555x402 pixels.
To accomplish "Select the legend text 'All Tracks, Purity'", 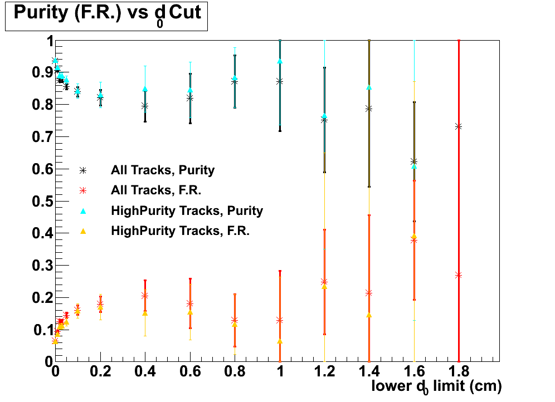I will click(x=163, y=170).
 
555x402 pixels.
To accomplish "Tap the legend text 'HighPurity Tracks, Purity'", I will click(x=187, y=210).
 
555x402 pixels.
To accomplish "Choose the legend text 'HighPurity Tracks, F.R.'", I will click(x=180, y=231).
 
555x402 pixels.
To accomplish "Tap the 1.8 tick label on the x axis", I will click(x=458, y=371).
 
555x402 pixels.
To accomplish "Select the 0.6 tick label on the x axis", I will click(x=189, y=371).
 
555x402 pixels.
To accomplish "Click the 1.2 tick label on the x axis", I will click(x=324, y=371).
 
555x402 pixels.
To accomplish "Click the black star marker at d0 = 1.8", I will click(x=459, y=126).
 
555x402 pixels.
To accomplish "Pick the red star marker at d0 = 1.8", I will click(x=459, y=275).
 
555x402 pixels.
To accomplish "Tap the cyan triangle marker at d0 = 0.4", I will click(x=145, y=89).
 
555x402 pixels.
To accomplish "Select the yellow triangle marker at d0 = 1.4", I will click(x=369, y=315).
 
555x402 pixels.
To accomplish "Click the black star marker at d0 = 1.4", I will click(x=369, y=109).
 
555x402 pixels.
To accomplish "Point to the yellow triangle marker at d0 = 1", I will click(x=280, y=341).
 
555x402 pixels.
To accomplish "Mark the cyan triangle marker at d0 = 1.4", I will click(x=369, y=87).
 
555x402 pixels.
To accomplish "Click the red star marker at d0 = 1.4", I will click(x=369, y=293).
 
